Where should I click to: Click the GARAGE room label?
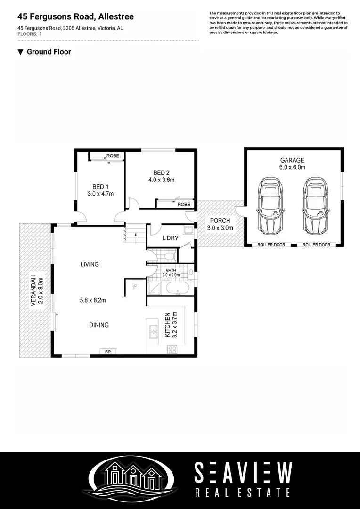click(292, 160)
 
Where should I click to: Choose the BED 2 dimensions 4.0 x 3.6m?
click(161, 180)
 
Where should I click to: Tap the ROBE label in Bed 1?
click(113, 156)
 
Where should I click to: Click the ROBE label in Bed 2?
click(184, 205)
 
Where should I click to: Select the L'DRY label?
click(170, 238)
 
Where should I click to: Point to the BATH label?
click(172, 270)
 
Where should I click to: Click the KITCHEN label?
click(167, 325)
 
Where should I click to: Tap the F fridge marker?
click(135, 287)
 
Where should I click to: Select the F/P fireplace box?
click(108, 351)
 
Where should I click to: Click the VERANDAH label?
click(33, 290)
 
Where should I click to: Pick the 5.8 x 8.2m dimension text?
click(92, 300)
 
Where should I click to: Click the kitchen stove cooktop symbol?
click(172, 349)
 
